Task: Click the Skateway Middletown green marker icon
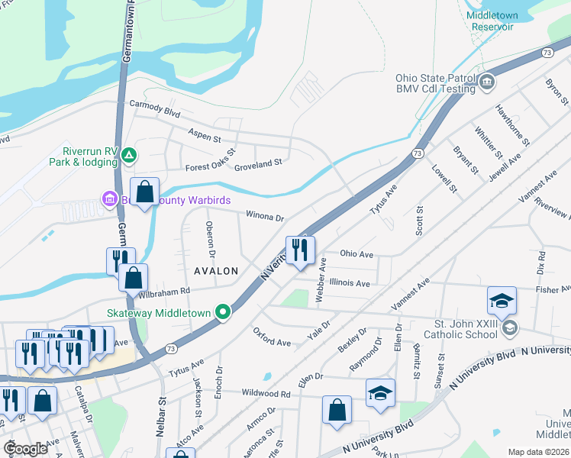tap(223, 312)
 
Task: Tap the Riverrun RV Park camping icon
tap(130, 156)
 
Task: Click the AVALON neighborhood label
tap(216, 271)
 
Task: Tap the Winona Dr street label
tap(264, 216)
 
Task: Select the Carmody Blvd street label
tap(154, 108)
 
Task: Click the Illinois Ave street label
tap(350, 283)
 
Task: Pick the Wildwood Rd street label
tap(266, 394)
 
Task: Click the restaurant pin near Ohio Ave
tap(300, 250)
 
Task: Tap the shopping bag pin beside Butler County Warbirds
tap(145, 192)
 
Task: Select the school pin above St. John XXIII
tap(502, 301)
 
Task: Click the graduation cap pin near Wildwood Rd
tap(380, 393)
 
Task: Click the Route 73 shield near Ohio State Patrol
tap(546, 53)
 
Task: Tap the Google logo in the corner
tap(25, 448)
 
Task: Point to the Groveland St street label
tap(258, 163)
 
